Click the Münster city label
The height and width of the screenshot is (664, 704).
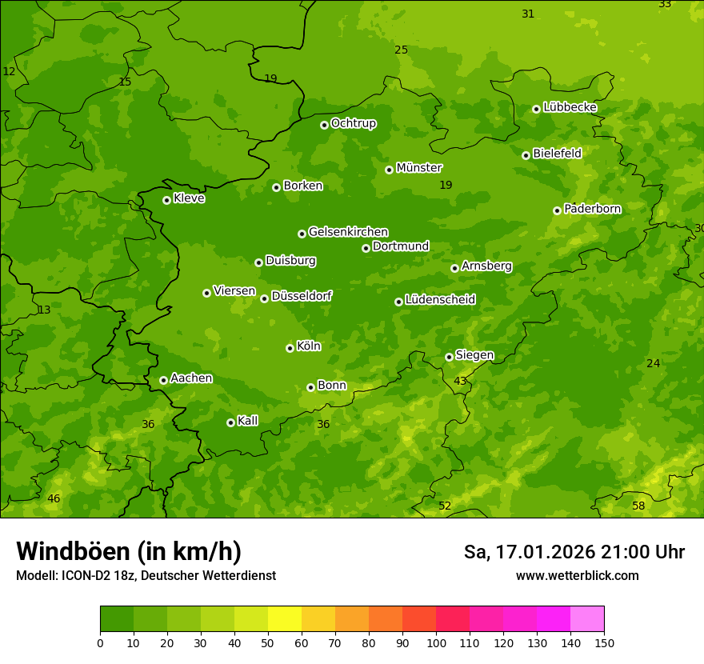pyautogui.click(x=418, y=168)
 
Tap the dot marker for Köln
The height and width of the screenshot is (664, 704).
pyautogui.click(x=290, y=348)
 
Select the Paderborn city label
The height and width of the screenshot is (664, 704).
pyautogui.click(x=592, y=209)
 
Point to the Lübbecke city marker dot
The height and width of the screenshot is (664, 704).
pyautogui.click(x=536, y=109)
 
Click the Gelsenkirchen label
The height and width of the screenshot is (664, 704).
pyautogui.click(x=348, y=232)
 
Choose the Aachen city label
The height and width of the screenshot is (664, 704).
pyautogui.click(x=191, y=378)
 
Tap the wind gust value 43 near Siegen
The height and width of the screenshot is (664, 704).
pyautogui.click(x=460, y=381)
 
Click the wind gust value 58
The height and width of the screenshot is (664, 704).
pyautogui.click(x=638, y=506)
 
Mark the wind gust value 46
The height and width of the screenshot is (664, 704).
pyautogui.click(x=54, y=498)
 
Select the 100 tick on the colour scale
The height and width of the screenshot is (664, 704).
pyautogui.click(x=436, y=642)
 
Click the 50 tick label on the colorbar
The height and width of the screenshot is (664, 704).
pyautogui.click(x=268, y=642)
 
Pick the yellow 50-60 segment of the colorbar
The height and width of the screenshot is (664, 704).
pyautogui.click(x=285, y=618)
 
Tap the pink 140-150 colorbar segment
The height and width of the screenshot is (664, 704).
pyautogui.click(x=587, y=618)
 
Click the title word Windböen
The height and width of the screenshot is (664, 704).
pyautogui.click(x=73, y=551)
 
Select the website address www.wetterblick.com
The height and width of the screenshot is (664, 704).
pyautogui.click(x=577, y=575)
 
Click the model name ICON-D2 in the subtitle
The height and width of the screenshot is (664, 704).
pyautogui.click(x=85, y=575)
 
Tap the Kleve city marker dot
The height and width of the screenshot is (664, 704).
pyautogui.click(x=166, y=200)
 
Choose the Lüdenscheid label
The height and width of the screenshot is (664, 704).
pyautogui.click(x=440, y=300)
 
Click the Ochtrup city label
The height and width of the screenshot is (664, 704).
pyautogui.click(x=353, y=123)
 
